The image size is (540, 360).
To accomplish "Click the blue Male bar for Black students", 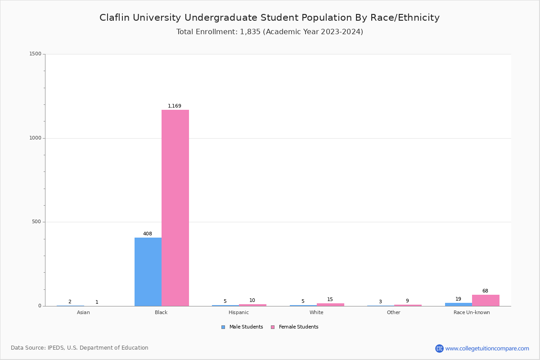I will (148, 272).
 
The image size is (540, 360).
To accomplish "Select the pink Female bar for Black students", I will (175, 208).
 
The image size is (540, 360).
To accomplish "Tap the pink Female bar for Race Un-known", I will (486, 301).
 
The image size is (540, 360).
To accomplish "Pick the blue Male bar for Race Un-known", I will (459, 305).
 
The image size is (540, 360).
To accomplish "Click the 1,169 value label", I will (175, 106).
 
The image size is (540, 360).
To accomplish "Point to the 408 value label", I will (148, 234).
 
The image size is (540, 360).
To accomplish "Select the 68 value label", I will (485, 291).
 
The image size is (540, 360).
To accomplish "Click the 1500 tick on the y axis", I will (35, 54).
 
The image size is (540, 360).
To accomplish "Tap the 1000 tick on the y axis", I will (35, 138).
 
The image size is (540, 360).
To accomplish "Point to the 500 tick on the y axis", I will (36, 222).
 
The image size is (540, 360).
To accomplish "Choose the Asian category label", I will (83, 312).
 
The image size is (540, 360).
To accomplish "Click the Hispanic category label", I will (238, 312).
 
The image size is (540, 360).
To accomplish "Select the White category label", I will (316, 312).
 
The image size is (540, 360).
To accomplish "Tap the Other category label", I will (393, 312).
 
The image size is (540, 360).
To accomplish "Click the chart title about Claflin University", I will (270, 18).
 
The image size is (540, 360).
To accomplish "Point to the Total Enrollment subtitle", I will (270, 32).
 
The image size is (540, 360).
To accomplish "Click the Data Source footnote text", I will (80, 348).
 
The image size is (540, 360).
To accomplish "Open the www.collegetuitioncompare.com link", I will (487, 348).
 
